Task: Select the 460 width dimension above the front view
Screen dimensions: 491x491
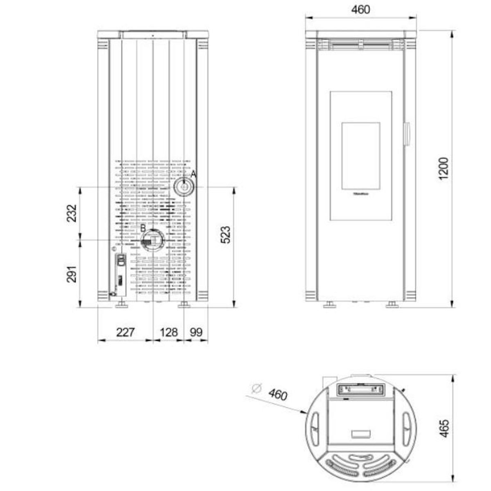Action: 360,9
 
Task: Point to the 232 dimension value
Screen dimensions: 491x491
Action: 72,213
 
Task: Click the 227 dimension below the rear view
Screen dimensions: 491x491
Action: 125,332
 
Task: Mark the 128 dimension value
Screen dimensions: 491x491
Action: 168,332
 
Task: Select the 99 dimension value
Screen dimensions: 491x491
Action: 196,332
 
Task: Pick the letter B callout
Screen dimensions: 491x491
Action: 143,227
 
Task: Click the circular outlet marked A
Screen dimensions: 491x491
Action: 184,187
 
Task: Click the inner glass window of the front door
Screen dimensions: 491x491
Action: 360,156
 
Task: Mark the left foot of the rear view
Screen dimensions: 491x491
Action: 122,304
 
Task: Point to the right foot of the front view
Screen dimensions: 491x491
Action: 392,304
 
